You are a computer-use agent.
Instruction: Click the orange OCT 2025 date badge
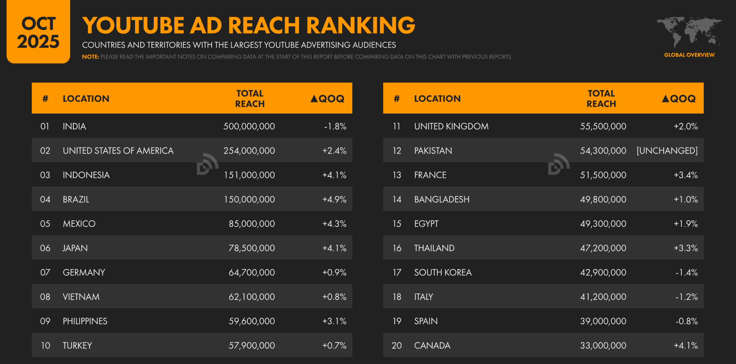[38, 32]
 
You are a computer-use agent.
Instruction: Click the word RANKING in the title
[361, 26]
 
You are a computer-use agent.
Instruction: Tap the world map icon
[689, 32]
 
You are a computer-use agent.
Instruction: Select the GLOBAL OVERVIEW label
[689, 55]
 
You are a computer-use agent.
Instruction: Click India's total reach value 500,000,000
[249, 126]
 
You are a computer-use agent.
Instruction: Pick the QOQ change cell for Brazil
[334, 199]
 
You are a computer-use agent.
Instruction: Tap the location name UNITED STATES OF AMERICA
[118, 151]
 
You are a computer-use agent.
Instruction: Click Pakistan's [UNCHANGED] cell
[667, 151]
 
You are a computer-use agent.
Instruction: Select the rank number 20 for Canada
[397, 346]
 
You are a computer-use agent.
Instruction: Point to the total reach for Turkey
[251, 346]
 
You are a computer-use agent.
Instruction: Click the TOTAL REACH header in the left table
[250, 99]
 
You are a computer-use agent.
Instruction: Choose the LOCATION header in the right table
[437, 99]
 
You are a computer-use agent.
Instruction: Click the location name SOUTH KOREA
[443, 272]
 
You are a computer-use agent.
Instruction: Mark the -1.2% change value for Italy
[686, 297]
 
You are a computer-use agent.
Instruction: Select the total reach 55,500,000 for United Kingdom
[603, 126]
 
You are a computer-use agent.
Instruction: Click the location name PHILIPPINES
[85, 321]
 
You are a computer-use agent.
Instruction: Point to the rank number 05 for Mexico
[45, 224]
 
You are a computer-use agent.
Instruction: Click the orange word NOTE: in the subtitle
[91, 57]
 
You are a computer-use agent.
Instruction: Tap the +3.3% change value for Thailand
[686, 248]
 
